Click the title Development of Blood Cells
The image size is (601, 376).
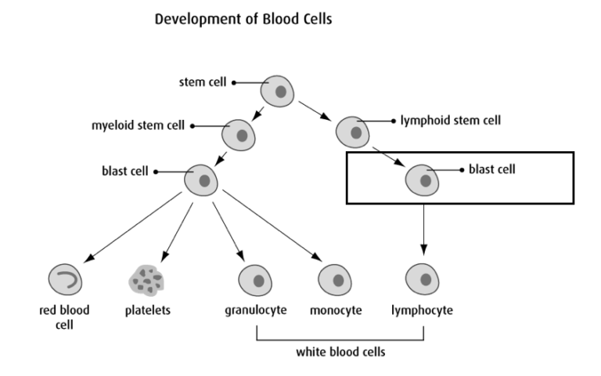point(243,20)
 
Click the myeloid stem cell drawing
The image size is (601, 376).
point(239,135)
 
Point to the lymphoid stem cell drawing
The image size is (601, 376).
point(354,131)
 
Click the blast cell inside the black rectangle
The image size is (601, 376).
point(423,179)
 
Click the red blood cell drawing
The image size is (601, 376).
point(64,278)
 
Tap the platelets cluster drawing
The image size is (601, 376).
point(146,278)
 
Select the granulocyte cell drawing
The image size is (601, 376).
point(255,278)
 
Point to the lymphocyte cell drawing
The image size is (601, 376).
point(423,278)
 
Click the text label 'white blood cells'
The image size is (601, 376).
point(340,352)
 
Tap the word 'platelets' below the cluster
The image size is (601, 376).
point(147,310)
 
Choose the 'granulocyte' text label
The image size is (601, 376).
point(255,310)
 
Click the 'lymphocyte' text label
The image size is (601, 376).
point(423,310)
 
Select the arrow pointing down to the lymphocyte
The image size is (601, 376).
point(423,227)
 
